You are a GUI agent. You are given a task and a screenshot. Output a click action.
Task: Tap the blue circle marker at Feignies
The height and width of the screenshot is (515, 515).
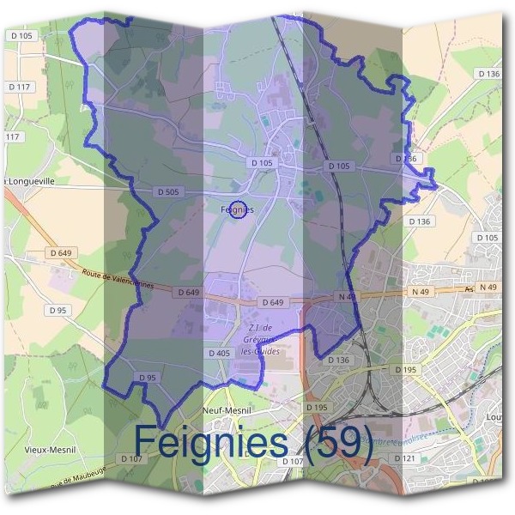pyautogui.click(x=240, y=209)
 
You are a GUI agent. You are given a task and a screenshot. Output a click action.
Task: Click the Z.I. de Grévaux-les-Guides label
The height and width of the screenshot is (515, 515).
pyautogui.click(x=260, y=340)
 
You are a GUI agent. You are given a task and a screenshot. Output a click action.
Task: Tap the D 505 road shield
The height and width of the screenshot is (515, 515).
pyautogui.click(x=168, y=191)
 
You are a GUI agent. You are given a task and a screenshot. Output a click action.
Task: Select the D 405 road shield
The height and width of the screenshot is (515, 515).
pyautogui.click(x=220, y=353)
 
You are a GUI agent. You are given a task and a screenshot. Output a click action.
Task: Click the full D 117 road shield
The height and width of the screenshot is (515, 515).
pyautogui.click(x=19, y=87)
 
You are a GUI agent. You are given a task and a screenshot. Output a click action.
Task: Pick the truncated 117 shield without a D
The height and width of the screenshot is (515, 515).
pyautogui.click(x=10, y=137)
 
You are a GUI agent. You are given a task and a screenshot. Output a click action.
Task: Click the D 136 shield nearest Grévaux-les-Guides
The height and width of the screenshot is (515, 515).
pyautogui.click(x=338, y=360)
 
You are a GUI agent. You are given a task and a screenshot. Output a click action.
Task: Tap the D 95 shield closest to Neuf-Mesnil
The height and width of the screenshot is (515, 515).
pyautogui.click(x=147, y=378)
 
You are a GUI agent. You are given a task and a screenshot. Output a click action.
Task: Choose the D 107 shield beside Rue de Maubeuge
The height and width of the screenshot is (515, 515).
pyautogui.click(x=131, y=459)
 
